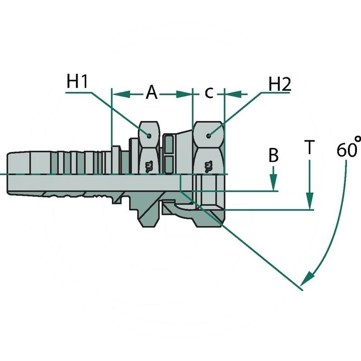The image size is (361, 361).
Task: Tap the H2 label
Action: tap(279, 84)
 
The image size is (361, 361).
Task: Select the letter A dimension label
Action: tap(152, 93)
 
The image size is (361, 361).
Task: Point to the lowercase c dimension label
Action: tap(208, 93)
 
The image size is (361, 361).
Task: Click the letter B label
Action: tap(273, 156)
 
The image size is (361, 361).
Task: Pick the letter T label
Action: tap(309, 148)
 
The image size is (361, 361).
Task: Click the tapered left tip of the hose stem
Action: tap(10, 174)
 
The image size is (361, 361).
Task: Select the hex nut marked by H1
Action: tap(148, 174)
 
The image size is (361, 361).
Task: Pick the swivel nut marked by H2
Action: tap(208, 174)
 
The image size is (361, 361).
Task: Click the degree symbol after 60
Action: tap(357, 140)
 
